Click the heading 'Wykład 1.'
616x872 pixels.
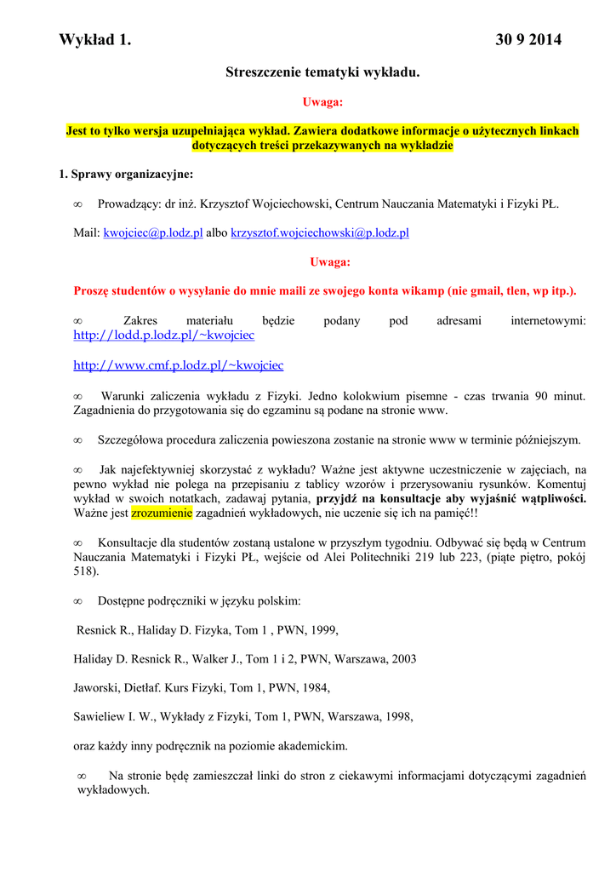coord(95,40)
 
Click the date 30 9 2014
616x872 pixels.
coord(528,40)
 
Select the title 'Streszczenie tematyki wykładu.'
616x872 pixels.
coord(322,73)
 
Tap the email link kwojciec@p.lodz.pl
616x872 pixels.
coord(153,232)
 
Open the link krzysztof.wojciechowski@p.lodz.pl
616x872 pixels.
coord(320,232)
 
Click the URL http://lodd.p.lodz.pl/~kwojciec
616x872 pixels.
coord(163,336)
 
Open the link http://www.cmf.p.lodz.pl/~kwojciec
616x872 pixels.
coord(178,365)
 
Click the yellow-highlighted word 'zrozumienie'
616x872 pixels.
coord(162,513)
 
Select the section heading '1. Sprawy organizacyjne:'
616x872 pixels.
coord(126,175)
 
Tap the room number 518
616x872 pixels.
coord(85,571)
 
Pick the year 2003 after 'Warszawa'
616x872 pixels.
coord(401,659)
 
